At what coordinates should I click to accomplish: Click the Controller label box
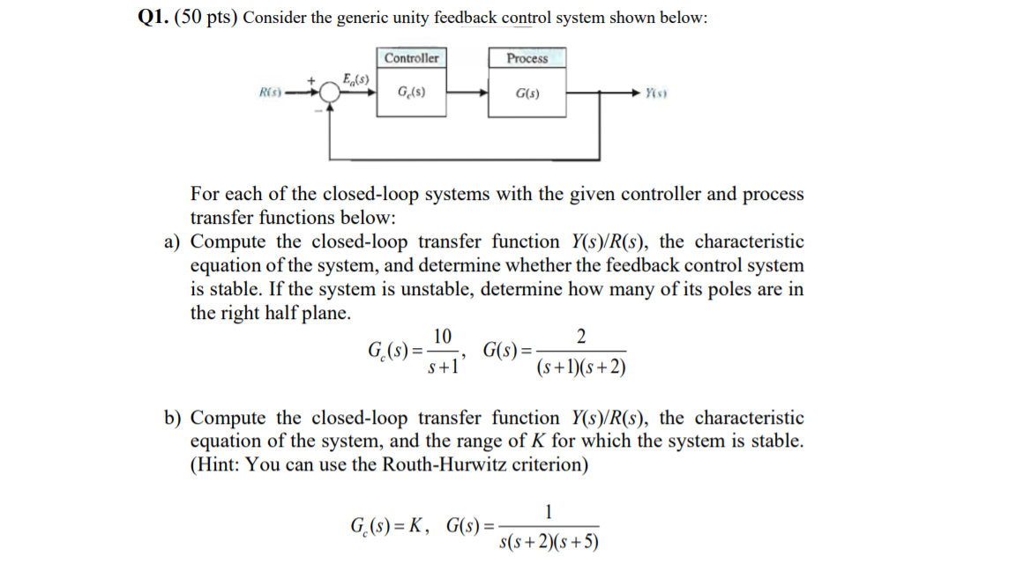(x=412, y=58)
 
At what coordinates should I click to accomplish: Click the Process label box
(x=527, y=58)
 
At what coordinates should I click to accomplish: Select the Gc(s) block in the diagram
(x=412, y=92)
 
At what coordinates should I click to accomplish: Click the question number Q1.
(x=141, y=19)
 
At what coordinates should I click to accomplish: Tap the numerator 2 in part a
(x=579, y=336)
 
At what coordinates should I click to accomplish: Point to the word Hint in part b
(x=217, y=464)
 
